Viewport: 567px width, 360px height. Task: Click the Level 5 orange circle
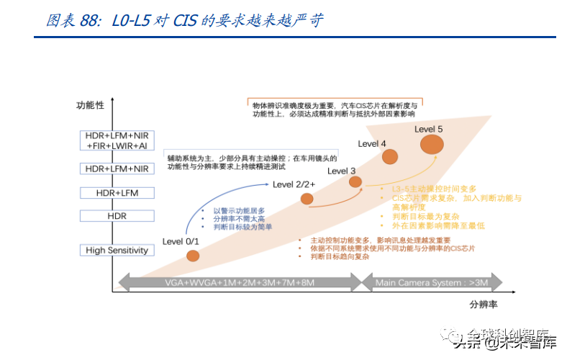432,144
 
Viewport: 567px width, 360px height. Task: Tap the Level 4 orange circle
390,157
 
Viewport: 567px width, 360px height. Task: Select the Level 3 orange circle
355,182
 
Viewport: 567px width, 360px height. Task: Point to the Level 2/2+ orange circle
307,199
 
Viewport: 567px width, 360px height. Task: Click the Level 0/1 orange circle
192,256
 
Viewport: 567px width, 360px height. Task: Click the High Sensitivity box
117,251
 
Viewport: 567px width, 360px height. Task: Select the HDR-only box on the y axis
117,215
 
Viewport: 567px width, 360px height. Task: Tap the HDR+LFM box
117,193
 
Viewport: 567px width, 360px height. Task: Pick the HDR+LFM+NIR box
117,168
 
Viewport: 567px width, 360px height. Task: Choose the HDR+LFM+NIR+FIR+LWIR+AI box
117,140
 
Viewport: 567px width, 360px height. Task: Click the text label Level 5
429,129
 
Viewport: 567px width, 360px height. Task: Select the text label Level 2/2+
294,184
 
